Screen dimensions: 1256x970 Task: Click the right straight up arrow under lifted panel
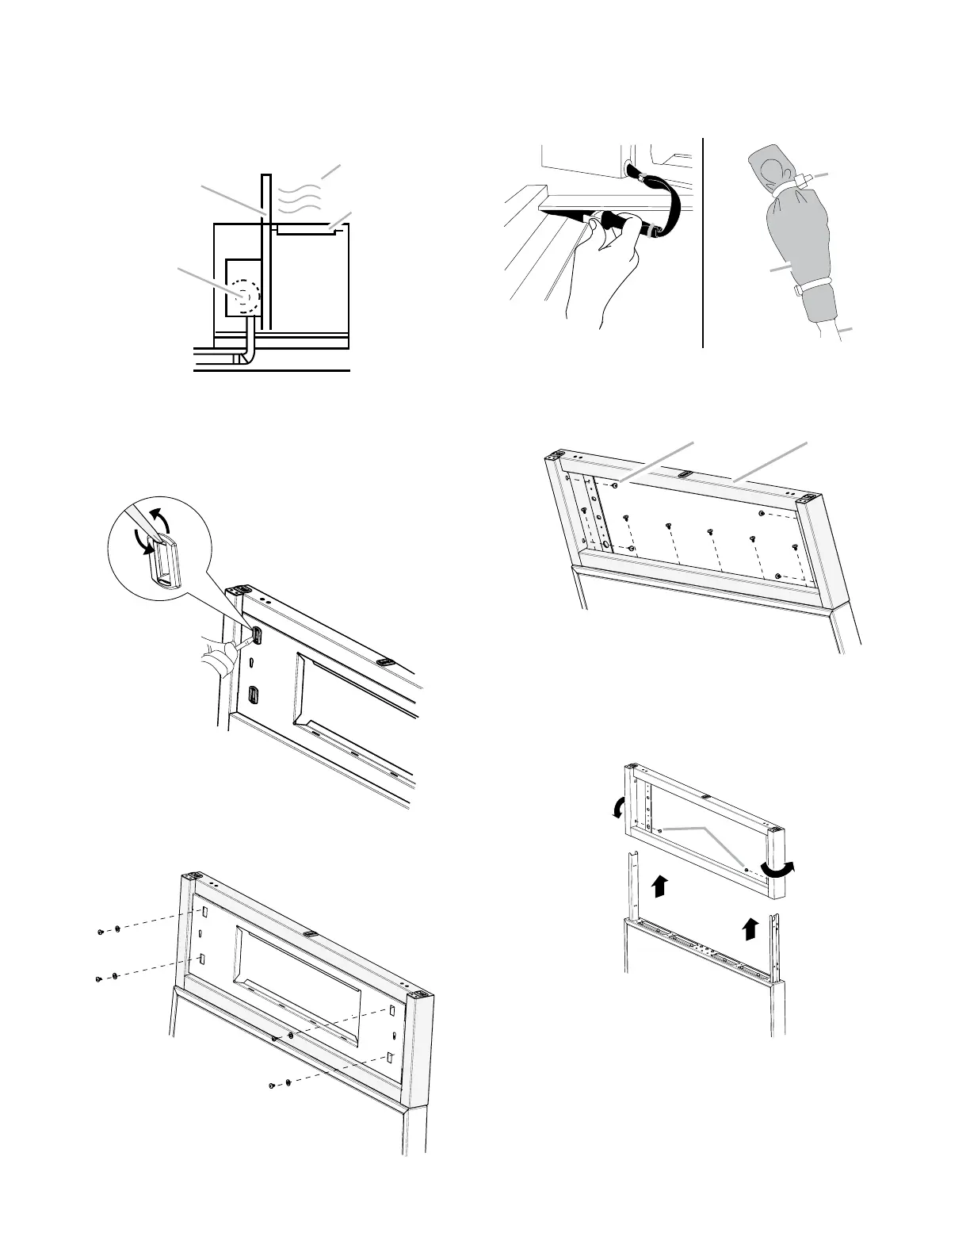(752, 927)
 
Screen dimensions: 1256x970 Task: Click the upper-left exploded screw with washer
(109, 930)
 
